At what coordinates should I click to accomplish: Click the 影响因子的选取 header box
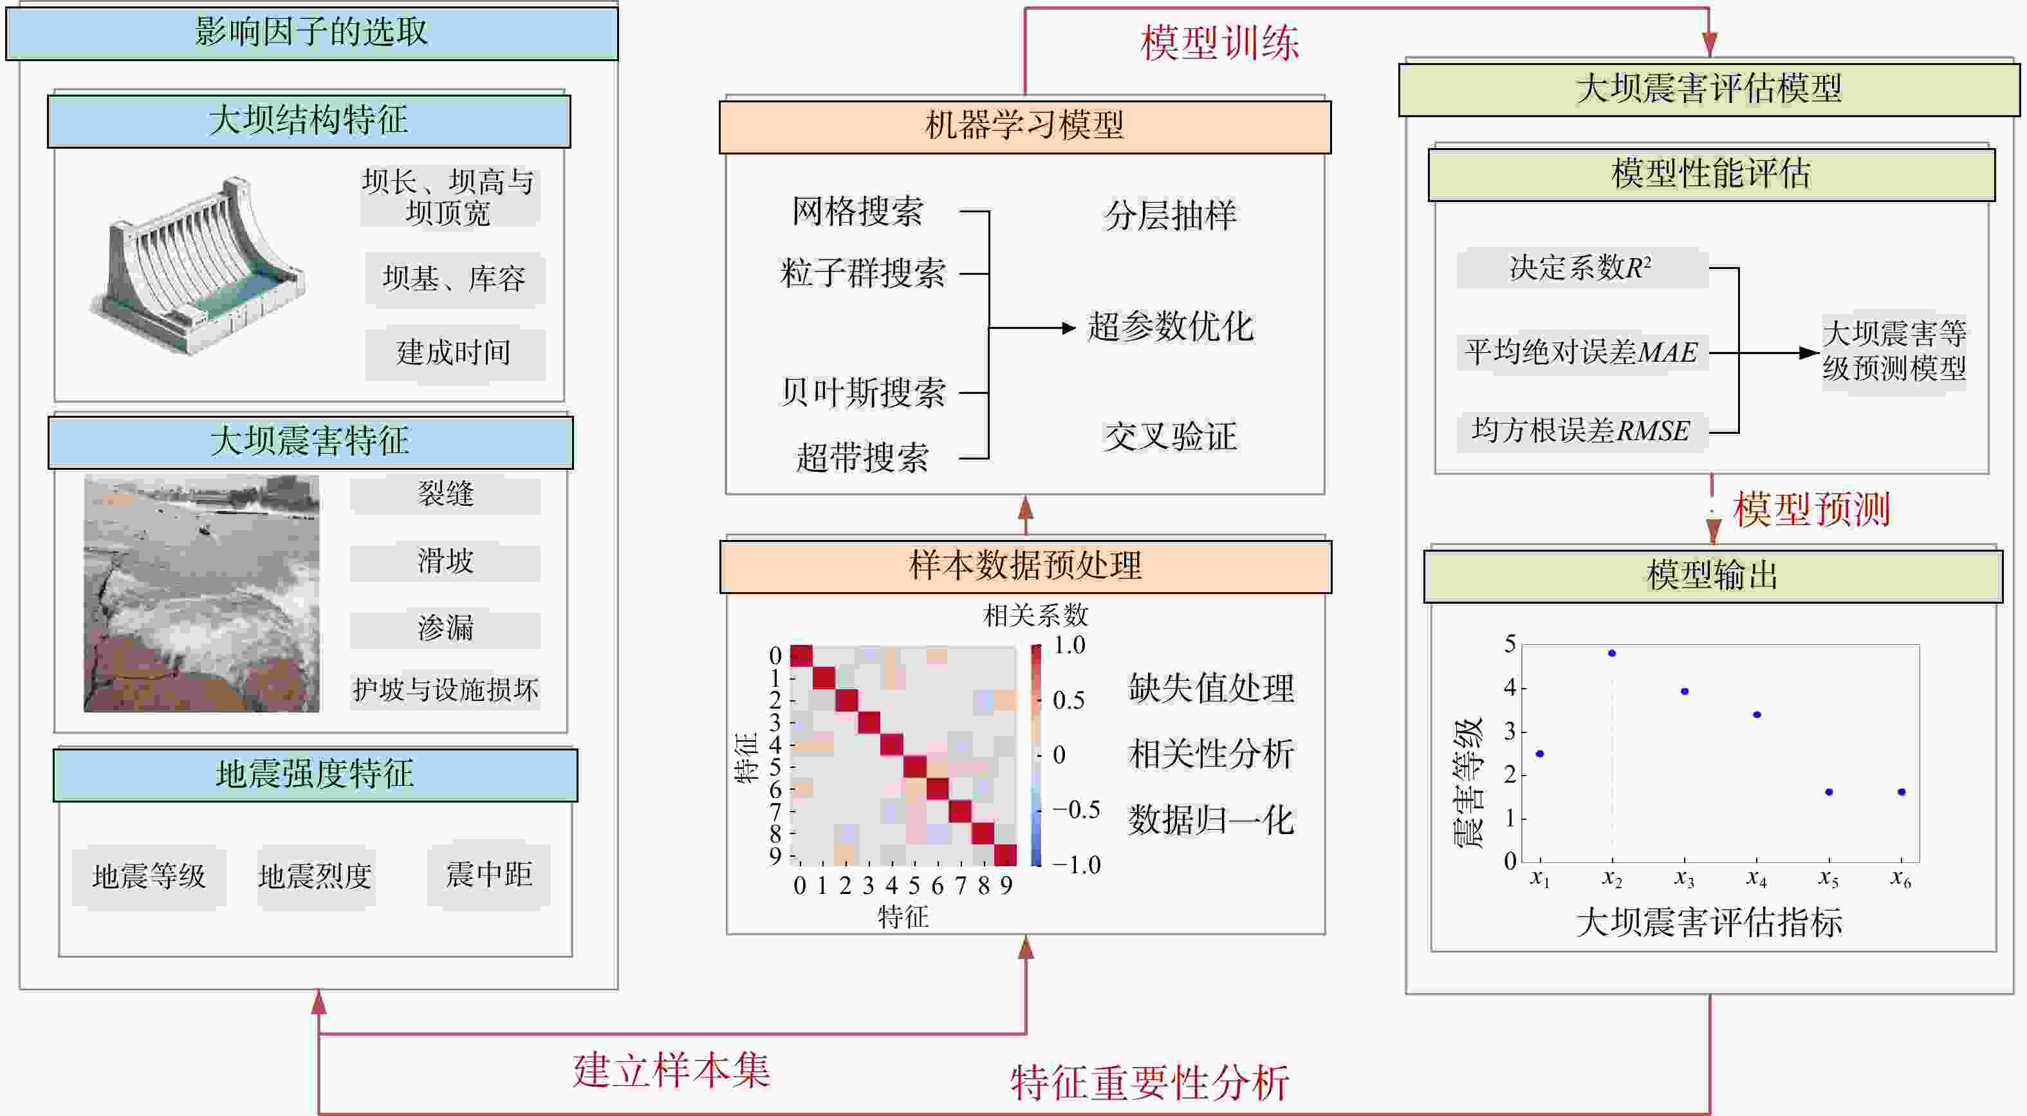(x=311, y=33)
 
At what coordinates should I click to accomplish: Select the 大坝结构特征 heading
(x=308, y=121)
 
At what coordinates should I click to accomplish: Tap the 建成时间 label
(x=454, y=353)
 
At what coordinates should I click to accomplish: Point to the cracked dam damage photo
(x=201, y=593)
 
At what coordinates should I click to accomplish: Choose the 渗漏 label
(x=445, y=628)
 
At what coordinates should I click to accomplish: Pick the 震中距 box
(x=488, y=875)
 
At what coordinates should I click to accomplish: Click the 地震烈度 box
(x=315, y=877)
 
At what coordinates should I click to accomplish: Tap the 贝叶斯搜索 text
(x=862, y=393)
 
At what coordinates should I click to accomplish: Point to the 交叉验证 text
(x=1170, y=437)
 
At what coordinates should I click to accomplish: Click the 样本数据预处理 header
(x=1025, y=566)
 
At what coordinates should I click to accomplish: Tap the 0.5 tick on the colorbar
(x=1069, y=700)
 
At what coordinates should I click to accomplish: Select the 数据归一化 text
(x=1211, y=821)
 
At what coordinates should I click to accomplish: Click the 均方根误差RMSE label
(x=1581, y=431)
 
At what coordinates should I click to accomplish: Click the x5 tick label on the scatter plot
(x=1829, y=879)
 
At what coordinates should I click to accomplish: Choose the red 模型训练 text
(x=1219, y=43)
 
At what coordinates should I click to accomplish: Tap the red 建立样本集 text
(x=671, y=1071)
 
